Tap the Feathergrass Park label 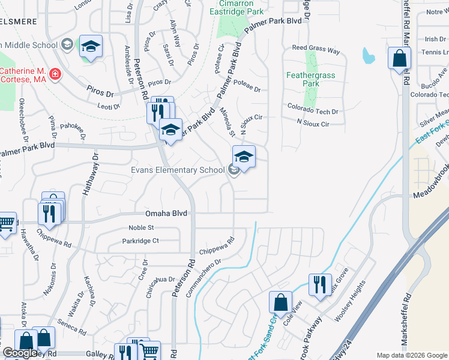coord(310,80)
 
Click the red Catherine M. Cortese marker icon coord(55,74)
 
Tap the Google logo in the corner coord(20,353)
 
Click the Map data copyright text coord(412,355)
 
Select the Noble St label coord(142,227)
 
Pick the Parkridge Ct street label coord(140,241)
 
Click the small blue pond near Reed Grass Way coord(369,56)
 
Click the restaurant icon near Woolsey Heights coord(320,283)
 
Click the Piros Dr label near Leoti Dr coord(101,94)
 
